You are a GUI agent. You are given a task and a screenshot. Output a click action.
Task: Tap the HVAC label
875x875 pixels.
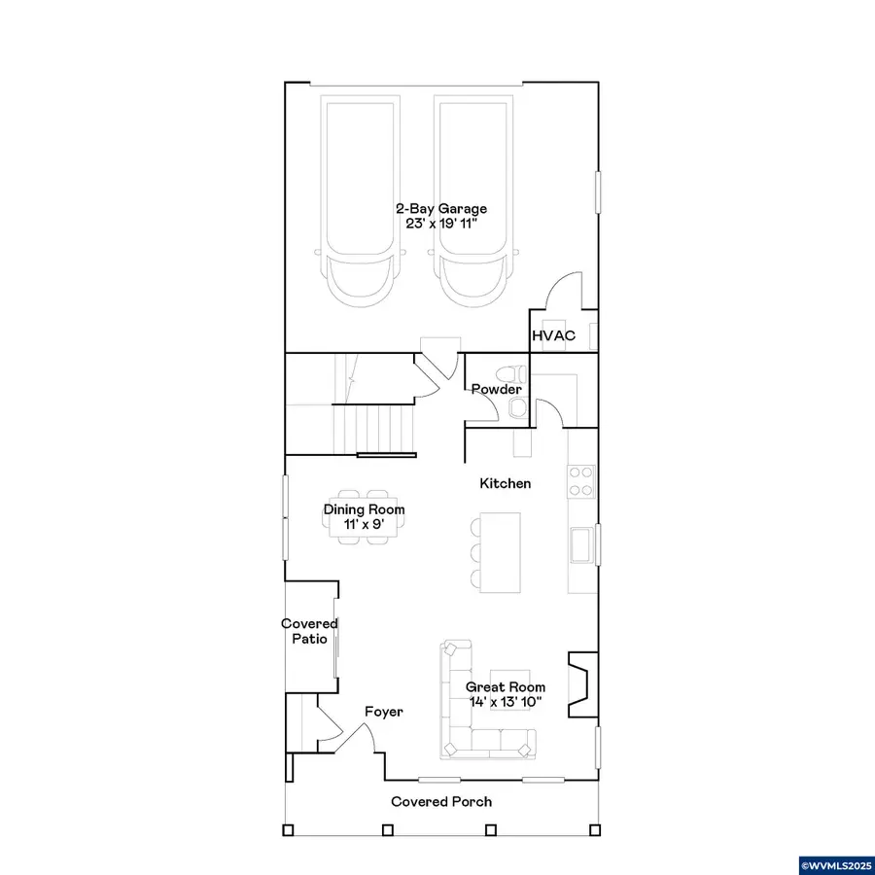point(553,336)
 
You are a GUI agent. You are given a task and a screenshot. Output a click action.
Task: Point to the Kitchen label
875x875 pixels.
point(506,483)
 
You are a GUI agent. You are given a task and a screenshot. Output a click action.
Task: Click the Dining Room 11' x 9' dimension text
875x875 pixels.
point(364,524)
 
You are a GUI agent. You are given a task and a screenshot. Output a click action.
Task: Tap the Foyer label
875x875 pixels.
point(383,712)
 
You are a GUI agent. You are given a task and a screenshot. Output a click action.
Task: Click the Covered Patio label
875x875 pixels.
point(309,631)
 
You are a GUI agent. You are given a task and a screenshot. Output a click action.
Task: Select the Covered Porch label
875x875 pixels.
point(441,802)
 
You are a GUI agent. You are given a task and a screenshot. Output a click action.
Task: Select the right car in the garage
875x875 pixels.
point(471,201)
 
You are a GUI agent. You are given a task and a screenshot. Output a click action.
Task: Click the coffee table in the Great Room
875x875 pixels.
point(510,688)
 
